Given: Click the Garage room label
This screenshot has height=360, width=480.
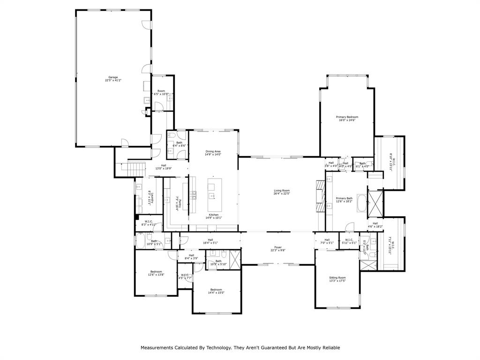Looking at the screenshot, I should tap(113, 77).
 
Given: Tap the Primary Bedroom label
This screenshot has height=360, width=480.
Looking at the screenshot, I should tap(347, 117).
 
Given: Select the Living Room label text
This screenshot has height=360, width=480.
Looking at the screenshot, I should tap(282, 191).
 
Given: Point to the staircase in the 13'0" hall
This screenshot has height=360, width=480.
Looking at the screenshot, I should tap(135, 167).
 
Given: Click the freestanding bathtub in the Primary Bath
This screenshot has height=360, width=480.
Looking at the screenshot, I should tap(361, 203).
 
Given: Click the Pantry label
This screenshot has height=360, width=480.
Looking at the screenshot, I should tap(178, 202).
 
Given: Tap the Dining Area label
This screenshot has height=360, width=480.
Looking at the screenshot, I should tap(213, 151).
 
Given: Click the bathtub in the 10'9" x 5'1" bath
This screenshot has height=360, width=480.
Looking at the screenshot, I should tap(140, 242).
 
